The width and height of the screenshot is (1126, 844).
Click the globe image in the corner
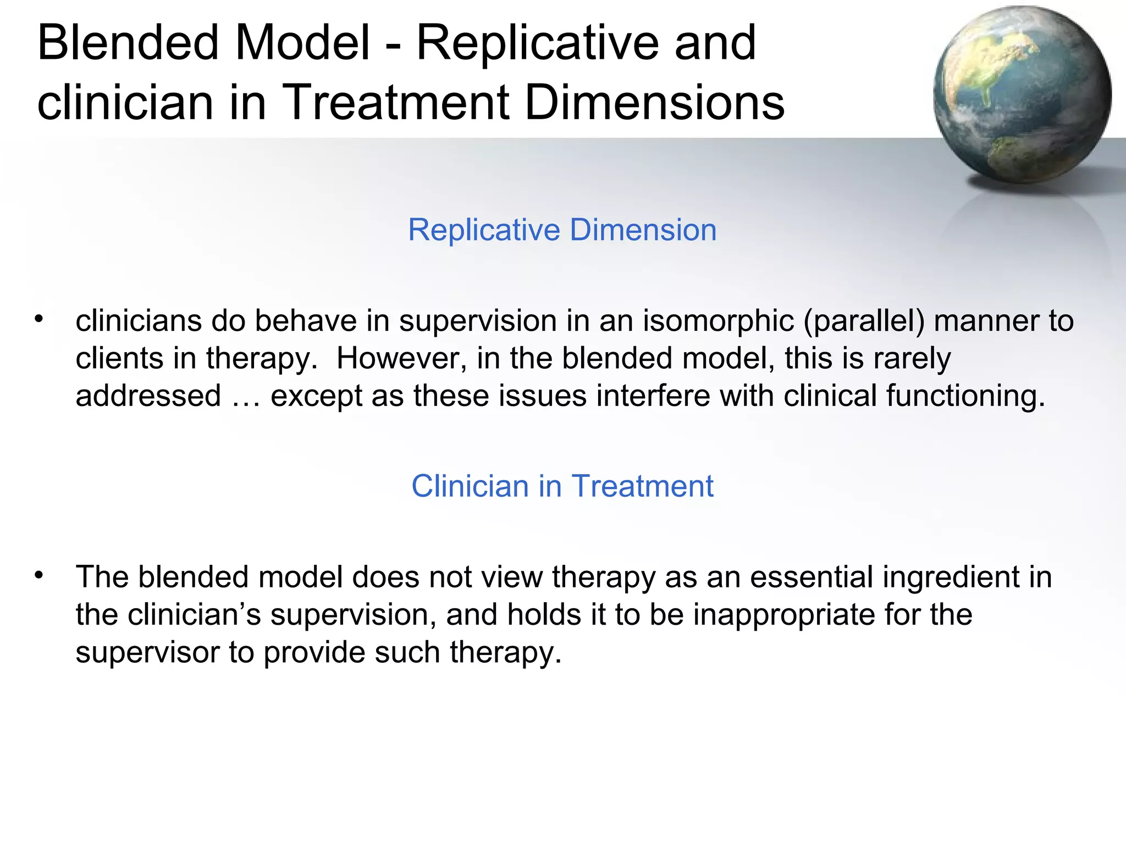point(1022,95)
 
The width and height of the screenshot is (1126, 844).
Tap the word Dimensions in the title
point(654,102)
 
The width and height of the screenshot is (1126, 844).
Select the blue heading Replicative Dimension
point(562,230)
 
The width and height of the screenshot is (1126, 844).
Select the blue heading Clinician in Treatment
point(562,486)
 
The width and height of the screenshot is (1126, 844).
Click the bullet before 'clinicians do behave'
point(38,319)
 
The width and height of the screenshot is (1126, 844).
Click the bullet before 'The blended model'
point(38,575)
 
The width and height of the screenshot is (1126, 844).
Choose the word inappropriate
point(784,614)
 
